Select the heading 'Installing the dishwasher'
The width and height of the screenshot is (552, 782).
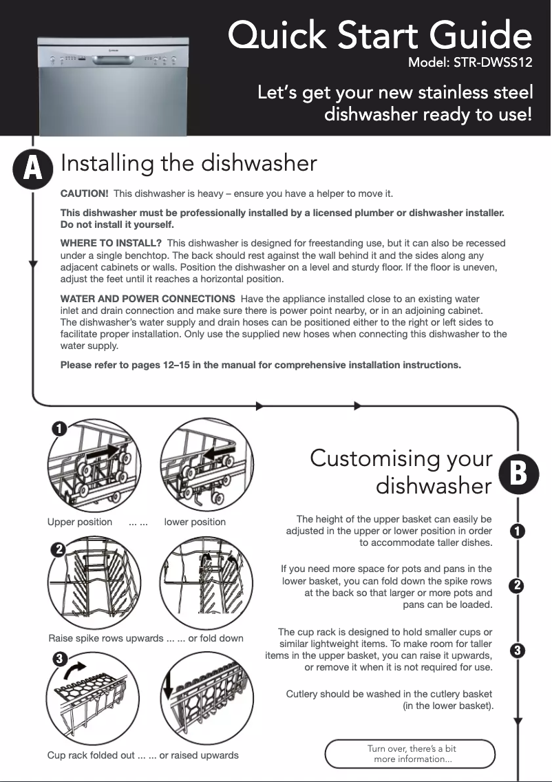click(x=189, y=163)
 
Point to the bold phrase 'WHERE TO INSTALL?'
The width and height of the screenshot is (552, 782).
click(x=111, y=243)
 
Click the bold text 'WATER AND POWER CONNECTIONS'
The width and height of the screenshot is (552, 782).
click(x=147, y=299)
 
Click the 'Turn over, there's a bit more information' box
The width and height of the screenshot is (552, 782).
click(x=411, y=753)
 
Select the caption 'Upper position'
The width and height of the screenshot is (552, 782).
click(x=79, y=522)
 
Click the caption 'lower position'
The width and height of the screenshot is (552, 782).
click(x=195, y=522)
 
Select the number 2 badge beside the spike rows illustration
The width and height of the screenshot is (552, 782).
click(x=59, y=550)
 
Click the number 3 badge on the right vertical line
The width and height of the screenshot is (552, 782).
click(x=518, y=650)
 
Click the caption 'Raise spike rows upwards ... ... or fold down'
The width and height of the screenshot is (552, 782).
click(x=146, y=638)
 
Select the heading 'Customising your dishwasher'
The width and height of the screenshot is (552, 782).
click(x=402, y=472)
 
